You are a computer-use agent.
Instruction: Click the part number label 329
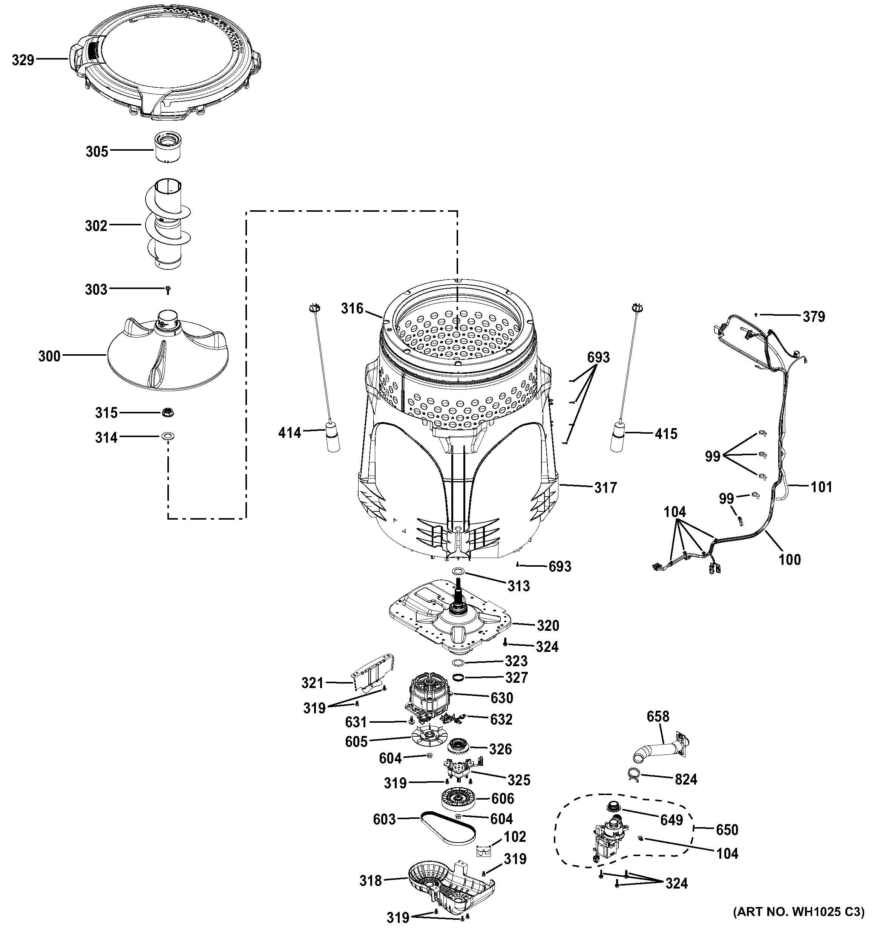(23, 60)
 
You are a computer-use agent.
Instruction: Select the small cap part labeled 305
(168, 147)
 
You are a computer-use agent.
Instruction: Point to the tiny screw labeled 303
(168, 291)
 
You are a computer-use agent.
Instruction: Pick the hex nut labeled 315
(167, 413)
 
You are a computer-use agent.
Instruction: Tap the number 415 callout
(666, 434)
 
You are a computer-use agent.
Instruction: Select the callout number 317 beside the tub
(605, 488)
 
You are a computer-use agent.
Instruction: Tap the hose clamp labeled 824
(634, 777)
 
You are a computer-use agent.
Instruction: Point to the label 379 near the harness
(813, 317)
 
